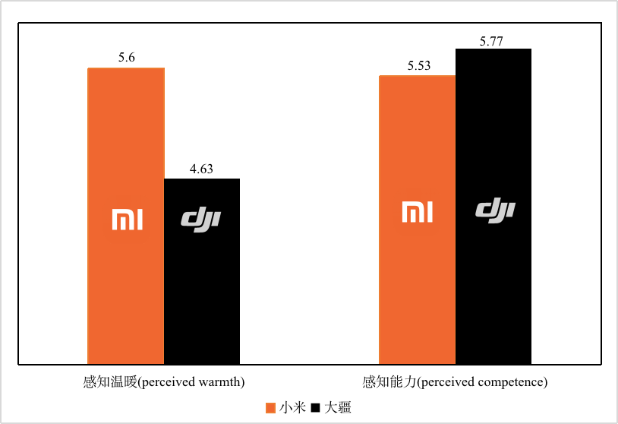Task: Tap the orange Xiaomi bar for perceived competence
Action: click(417, 289)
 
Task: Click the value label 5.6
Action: click(127, 58)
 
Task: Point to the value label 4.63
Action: click(201, 169)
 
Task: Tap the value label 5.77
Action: click(492, 40)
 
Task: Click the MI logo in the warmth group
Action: click(127, 220)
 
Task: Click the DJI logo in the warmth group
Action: click(201, 219)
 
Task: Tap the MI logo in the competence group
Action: click(417, 212)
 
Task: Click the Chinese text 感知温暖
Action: click(109, 381)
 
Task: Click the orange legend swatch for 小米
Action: click(270, 408)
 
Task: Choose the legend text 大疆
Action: click(339, 407)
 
